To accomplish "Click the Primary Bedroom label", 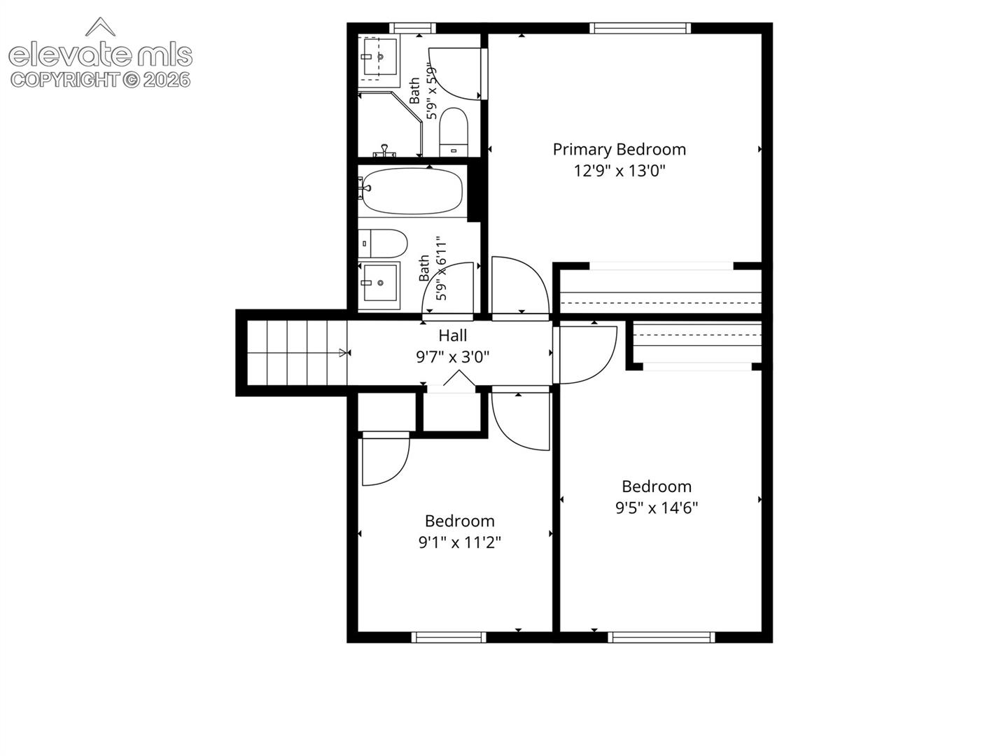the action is pyautogui.click(x=619, y=150).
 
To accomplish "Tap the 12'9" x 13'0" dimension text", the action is pyautogui.click(x=619, y=171).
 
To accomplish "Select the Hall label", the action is pyautogui.click(x=452, y=335).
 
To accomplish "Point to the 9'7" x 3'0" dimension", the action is pyautogui.click(x=452, y=357).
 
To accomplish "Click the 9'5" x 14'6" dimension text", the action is pyautogui.click(x=656, y=508).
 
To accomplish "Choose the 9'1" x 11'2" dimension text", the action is pyautogui.click(x=459, y=542).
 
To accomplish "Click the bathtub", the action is pyautogui.click(x=412, y=191).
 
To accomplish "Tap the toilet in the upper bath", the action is pyautogui.click(x=454, y=132).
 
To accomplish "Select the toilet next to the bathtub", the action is pyautogui.click(x=382, y=244).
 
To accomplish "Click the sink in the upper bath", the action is pyautogui.click(x=380, y=57).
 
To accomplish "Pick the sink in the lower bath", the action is pyautogui.click(x=380, y=283).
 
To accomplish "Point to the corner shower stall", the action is pyautogui.click(x=389, y=124).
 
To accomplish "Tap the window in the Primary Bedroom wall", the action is pyautogui.click(x=640, y=29).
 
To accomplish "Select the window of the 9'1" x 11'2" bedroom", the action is pyautogui.click(x=449, y=637).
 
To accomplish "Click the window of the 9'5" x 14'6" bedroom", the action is pyautogui.click(x=661, y=637).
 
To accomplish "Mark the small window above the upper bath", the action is pyautogui.click(x=413, y=29).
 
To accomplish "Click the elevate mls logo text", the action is pyautogui.click(x=101, y=55).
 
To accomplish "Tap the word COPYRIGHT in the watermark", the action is pyautogui.click(x=65, y=80).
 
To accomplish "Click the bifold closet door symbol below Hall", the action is pyautogui.click(x=459, y=378).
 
